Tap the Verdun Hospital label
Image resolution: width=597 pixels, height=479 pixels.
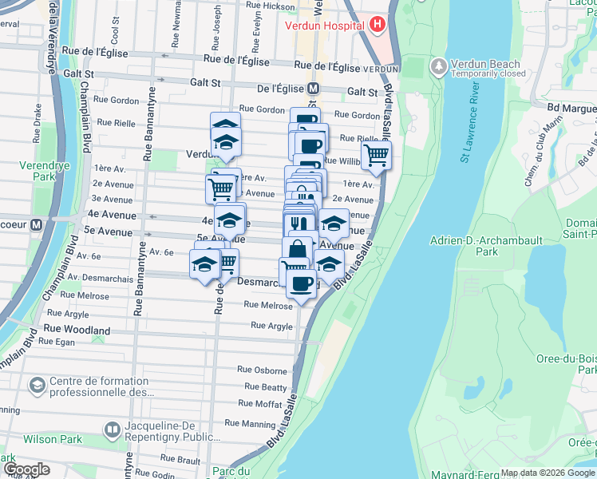[326, 25]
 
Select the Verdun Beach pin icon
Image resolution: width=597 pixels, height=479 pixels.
[437, 65]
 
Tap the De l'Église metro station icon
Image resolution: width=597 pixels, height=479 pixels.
[314, 90]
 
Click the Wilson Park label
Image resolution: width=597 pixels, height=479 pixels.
[53, 438]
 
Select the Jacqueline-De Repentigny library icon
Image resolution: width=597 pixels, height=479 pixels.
[112, 431]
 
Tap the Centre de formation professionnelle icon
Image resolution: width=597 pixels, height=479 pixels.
[37, 386]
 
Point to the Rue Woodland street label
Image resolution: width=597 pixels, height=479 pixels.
[77, 330]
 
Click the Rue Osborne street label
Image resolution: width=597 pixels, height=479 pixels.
[262, 370]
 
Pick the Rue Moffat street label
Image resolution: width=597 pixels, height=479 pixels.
[258, 405]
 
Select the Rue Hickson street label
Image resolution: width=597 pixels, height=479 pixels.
[271, 6]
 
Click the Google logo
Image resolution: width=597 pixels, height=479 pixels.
[26, 470]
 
